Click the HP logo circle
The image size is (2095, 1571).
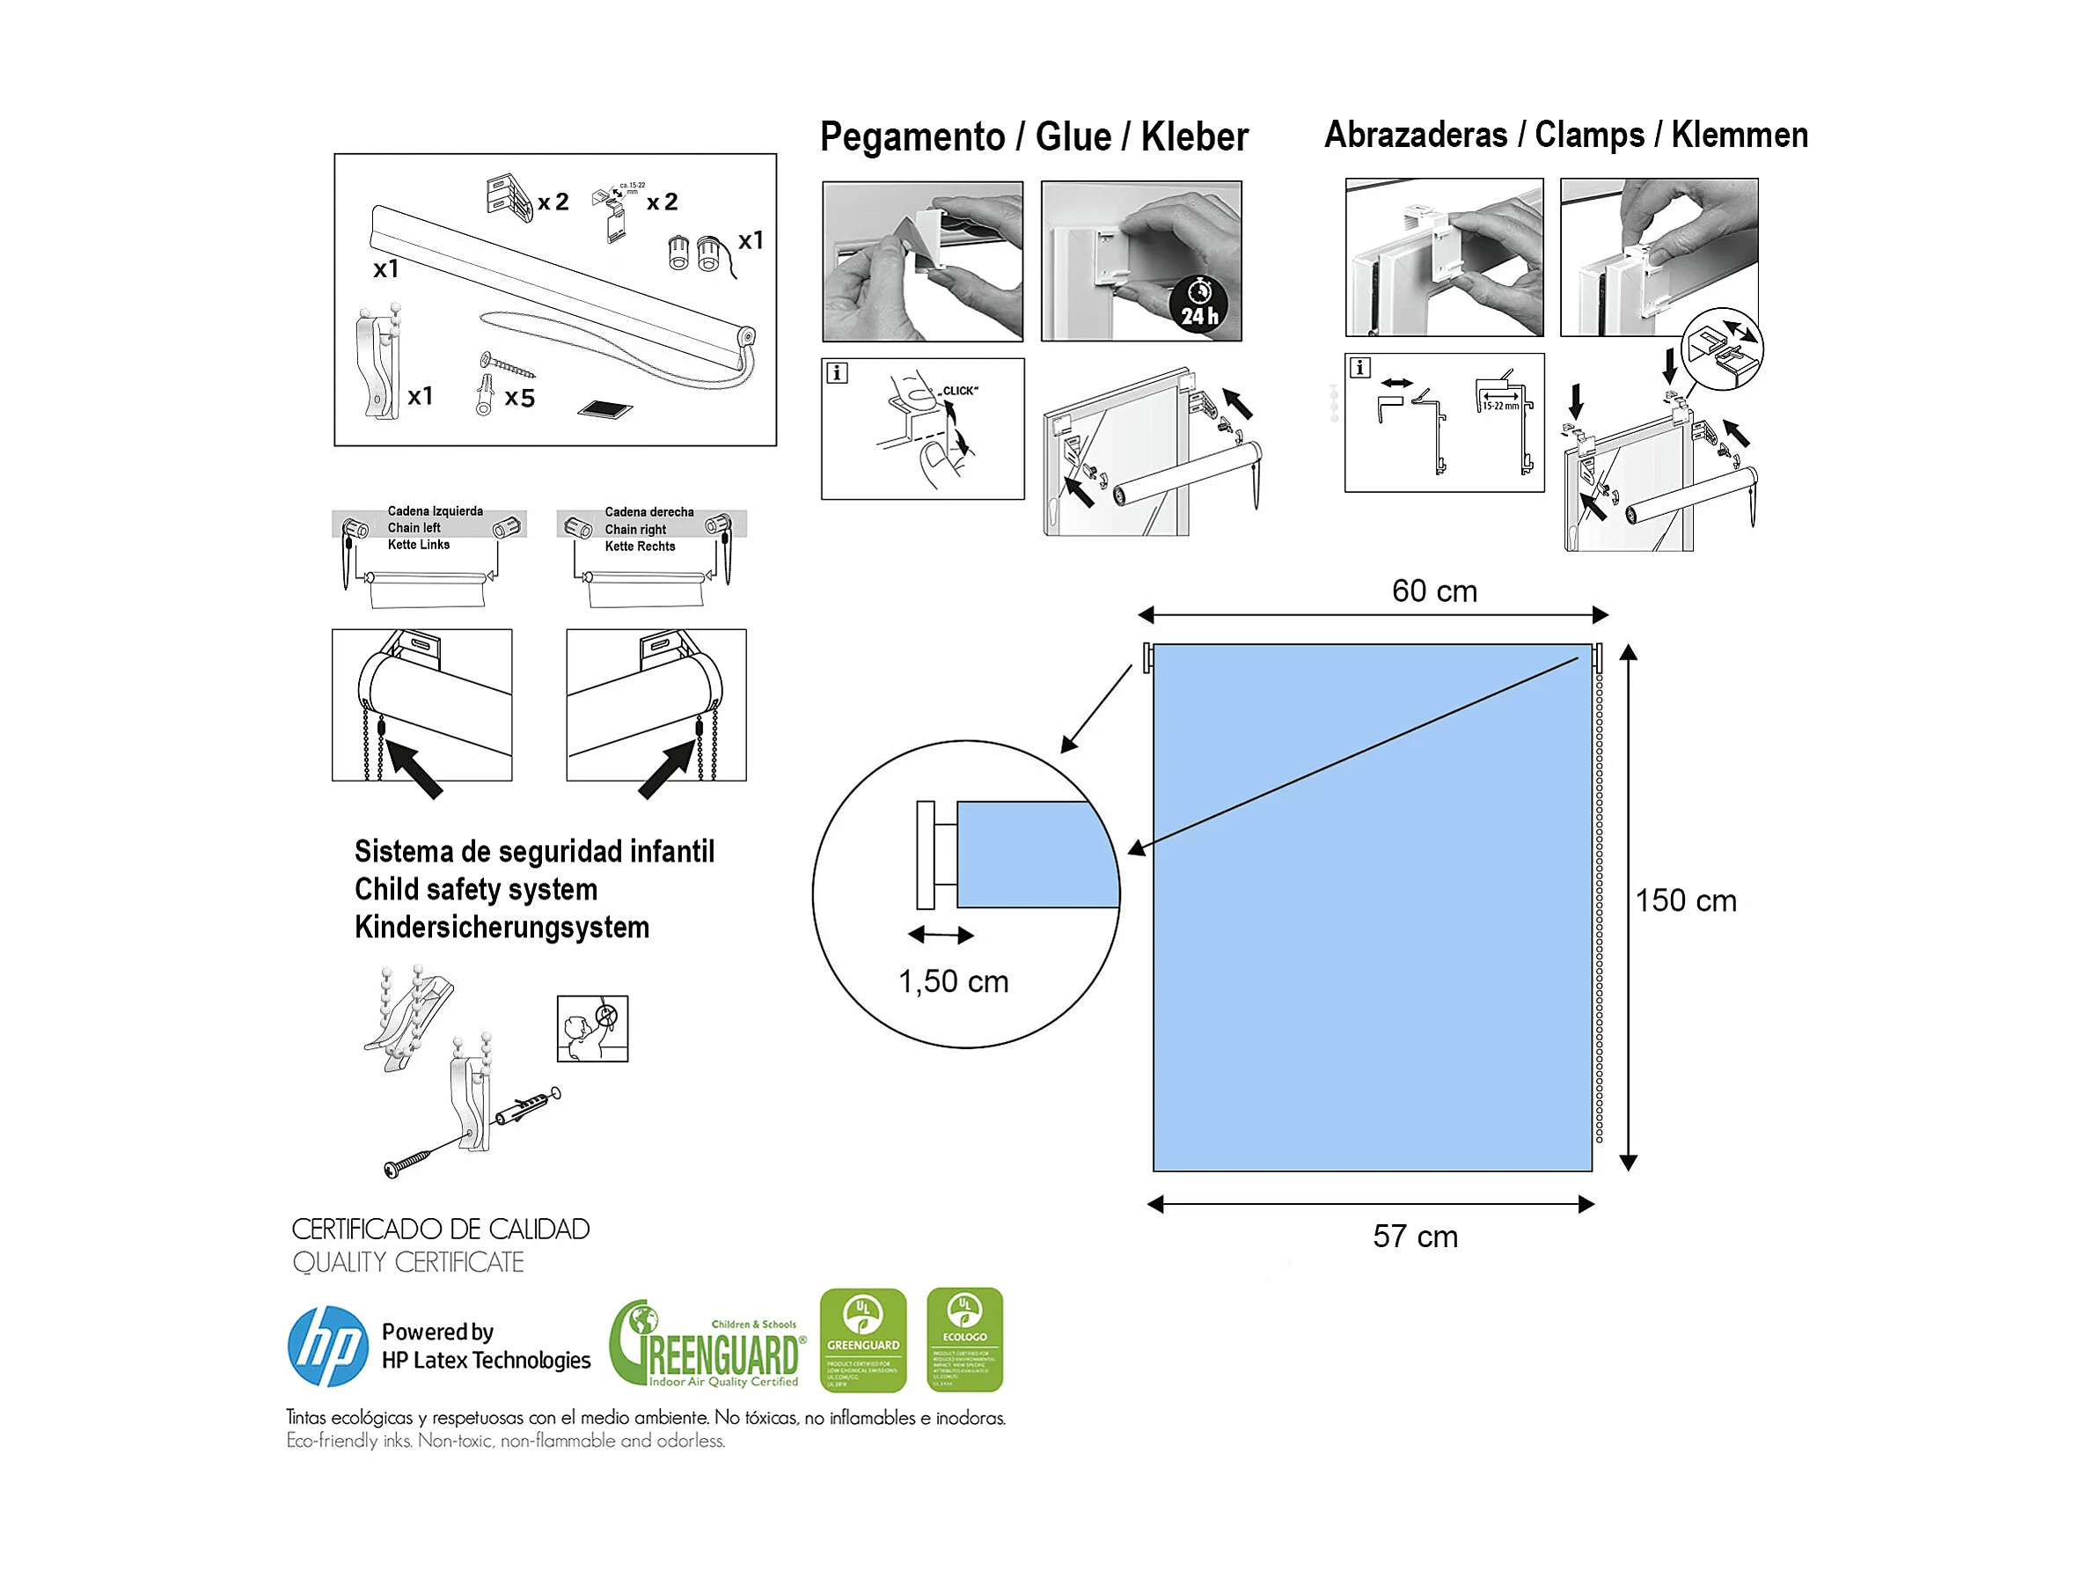tap(327, 1347)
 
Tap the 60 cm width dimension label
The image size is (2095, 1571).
tap(1434, 591)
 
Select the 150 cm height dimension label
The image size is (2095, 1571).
tap(1686, 900)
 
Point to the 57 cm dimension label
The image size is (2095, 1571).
tap(1415, 1237)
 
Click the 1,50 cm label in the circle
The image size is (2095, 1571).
tap(953, 981)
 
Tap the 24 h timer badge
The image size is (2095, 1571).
tap(1199, 305)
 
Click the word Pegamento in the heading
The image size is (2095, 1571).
tap(912, 137)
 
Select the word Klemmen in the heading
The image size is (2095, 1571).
tap(1739, 136)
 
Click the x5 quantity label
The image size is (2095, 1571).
tap(519, 398)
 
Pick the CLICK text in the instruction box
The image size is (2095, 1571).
tap(959, 391)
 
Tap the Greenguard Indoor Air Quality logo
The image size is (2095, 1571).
tap(707, 1345)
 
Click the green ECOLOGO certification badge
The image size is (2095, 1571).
tap(964, 1339)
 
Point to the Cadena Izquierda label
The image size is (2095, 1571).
tap(435, 510)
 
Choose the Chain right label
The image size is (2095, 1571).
tap(634, 530)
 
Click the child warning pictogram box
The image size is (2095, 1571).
tap(592, 1028)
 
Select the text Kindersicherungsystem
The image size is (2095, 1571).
tap(502, 927)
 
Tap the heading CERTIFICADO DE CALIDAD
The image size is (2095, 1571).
tap(441, 1229)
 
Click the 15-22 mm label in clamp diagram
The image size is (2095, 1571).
tap(1500, 407)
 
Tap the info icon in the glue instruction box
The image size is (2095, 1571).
tap(836, 372)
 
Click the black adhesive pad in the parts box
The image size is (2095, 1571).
tap(604, 409)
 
